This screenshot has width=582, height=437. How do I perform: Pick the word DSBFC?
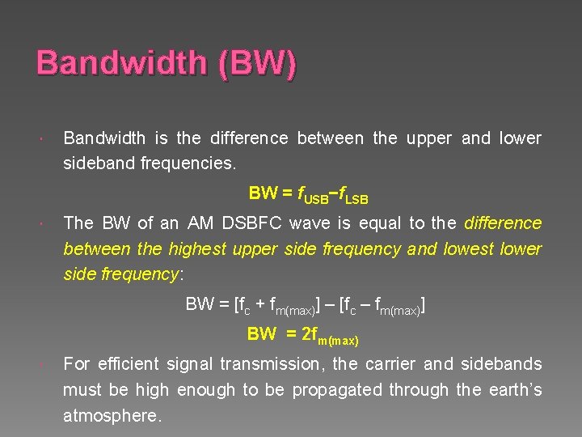click(x=251, y=223)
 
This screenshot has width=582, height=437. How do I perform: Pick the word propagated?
click(x=338, y=390)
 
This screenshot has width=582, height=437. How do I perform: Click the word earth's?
click(x=515, y=390)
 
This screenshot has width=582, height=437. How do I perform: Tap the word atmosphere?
click(x=113, y=416)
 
